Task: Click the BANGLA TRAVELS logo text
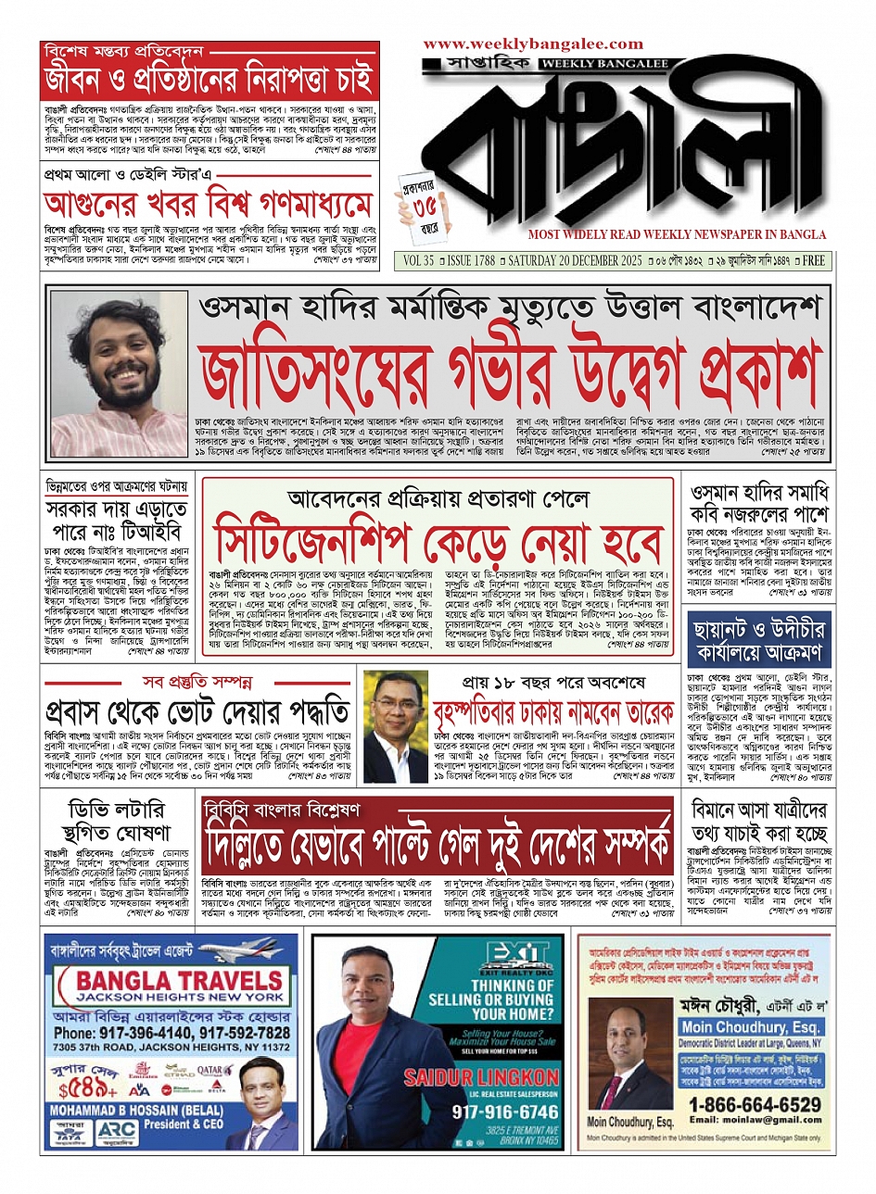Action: pyautogui.click(x=180, y=981)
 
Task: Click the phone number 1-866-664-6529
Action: pyautogui.click(x=755, y=1105)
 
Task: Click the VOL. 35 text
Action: pyautogui.click(x=418, y=261)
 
